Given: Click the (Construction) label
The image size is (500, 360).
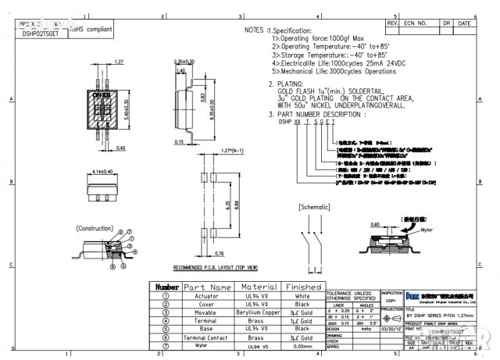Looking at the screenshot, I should tap(95, 228).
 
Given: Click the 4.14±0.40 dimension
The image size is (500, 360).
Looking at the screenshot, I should tap(102, 171).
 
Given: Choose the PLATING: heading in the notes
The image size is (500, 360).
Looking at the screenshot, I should tap(284, 84).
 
